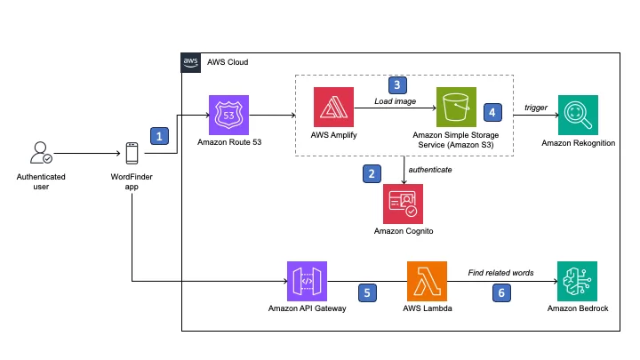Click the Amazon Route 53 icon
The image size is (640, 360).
pos(228,115)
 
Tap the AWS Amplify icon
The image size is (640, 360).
pos(333,107)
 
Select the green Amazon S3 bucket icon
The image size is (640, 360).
pos(456,107)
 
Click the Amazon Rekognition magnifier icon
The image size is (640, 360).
pos(578,115)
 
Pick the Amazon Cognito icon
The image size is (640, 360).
pos(403,204)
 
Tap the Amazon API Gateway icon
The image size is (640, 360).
pos(307,281)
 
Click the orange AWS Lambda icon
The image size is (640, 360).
pos(427,281)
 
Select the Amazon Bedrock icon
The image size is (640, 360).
pos(577,281)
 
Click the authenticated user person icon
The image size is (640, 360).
pos(41,153)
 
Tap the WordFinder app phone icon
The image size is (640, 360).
pos(132,153)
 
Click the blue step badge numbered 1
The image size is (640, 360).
pos(159,136)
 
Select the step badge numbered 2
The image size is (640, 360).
pos(372,173)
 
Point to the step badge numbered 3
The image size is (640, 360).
pos(397,85)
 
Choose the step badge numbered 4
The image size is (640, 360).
pos(492,112)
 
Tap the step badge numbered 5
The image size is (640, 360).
pos(367,292)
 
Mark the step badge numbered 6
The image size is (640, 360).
pos(501,292)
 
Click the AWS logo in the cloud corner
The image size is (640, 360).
pos(190,62)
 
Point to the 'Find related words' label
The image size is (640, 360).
pos(500,273)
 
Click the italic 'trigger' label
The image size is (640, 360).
pos(535,108)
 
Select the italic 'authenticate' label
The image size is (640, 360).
pos(430,170)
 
